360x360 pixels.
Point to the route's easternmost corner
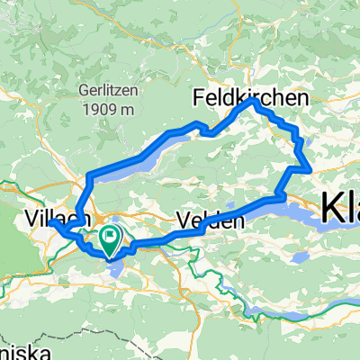pyautogui.click(x=310, y=168)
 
